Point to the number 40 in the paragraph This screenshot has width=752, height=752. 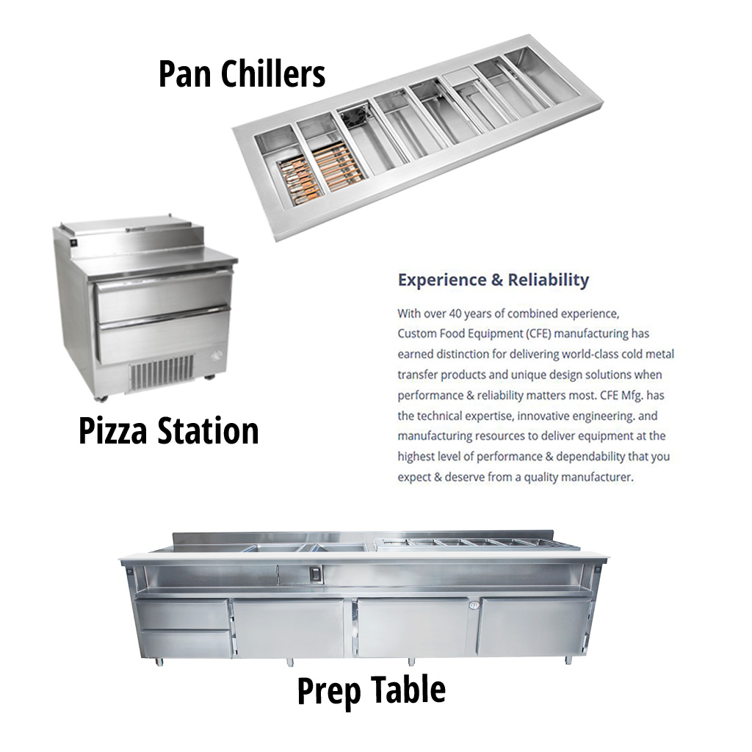455,314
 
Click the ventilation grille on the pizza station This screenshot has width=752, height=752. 162,371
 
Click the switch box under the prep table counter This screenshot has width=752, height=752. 315,574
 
